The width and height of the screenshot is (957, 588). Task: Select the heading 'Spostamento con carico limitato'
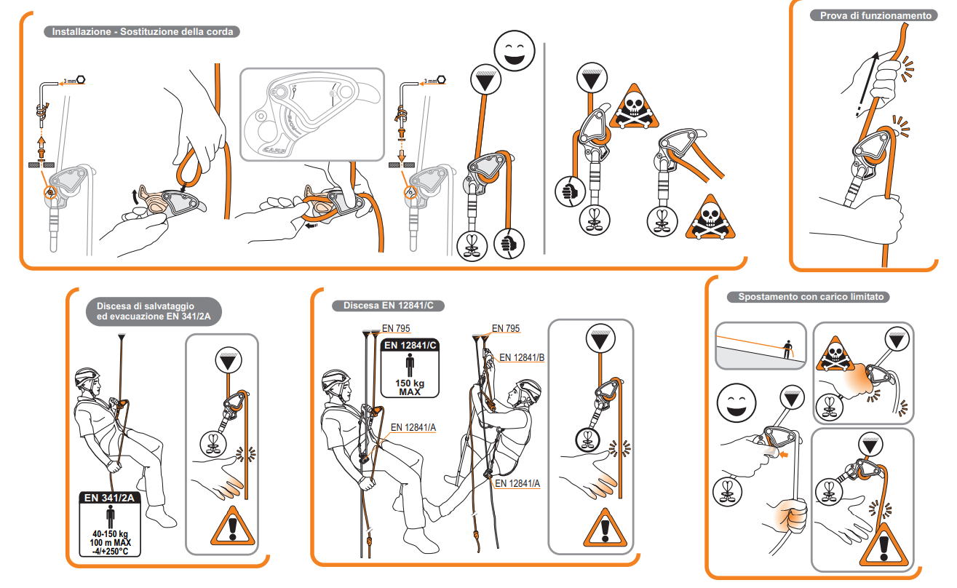810,297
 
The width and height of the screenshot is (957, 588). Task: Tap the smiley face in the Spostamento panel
736,404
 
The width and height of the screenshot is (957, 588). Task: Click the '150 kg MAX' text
410,386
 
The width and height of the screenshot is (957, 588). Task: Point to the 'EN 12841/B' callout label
522,357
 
